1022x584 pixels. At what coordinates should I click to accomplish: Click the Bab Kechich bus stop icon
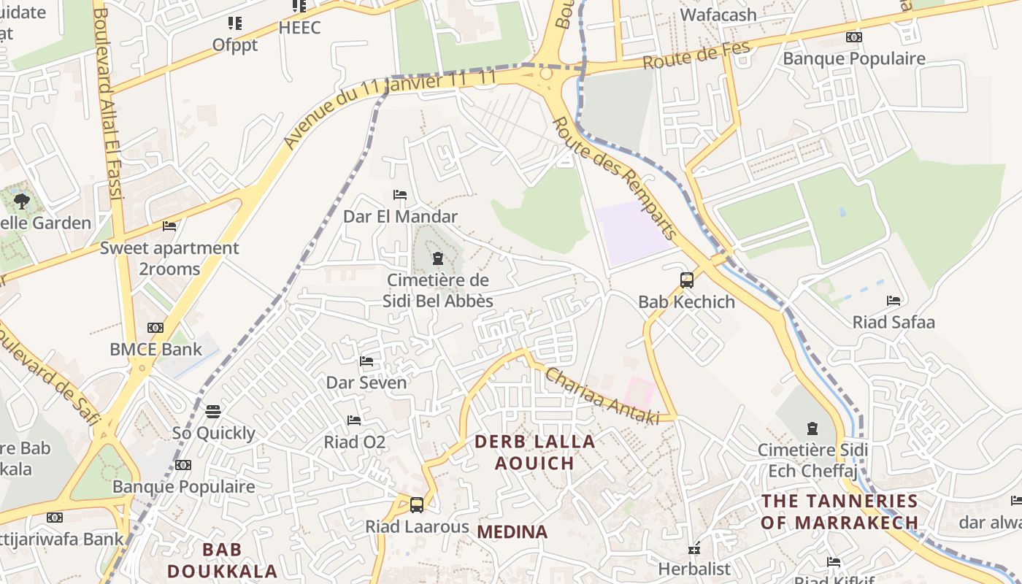(686, 280)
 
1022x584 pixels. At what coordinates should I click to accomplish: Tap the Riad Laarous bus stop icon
(416, 504)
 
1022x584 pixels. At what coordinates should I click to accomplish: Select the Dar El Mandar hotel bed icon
(400, 195)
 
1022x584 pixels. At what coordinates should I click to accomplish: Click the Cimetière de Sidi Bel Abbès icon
(438, 258)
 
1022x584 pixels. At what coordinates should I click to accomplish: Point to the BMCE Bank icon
(155, 328)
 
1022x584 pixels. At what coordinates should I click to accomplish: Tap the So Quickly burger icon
(213, 412)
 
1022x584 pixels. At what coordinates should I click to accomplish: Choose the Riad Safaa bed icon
(894, 301)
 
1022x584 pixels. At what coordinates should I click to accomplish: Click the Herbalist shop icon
(693, 548)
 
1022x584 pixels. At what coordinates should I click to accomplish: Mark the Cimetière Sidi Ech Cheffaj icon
(812, 429)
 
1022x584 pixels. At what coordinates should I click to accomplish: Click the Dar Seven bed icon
(366, 361)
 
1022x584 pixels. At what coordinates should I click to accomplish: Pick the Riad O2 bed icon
(354, 420)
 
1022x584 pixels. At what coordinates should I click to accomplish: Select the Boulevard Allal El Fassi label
(108, 102)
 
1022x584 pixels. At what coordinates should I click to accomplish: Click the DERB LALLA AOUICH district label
(535, 452)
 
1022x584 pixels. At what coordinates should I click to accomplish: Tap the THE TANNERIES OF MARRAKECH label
(839, 512)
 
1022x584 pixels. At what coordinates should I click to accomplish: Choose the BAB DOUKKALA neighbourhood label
(222, 560)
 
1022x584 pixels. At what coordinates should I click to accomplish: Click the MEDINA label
(512, 532)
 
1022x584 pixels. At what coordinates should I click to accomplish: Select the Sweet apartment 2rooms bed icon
(169, 226)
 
